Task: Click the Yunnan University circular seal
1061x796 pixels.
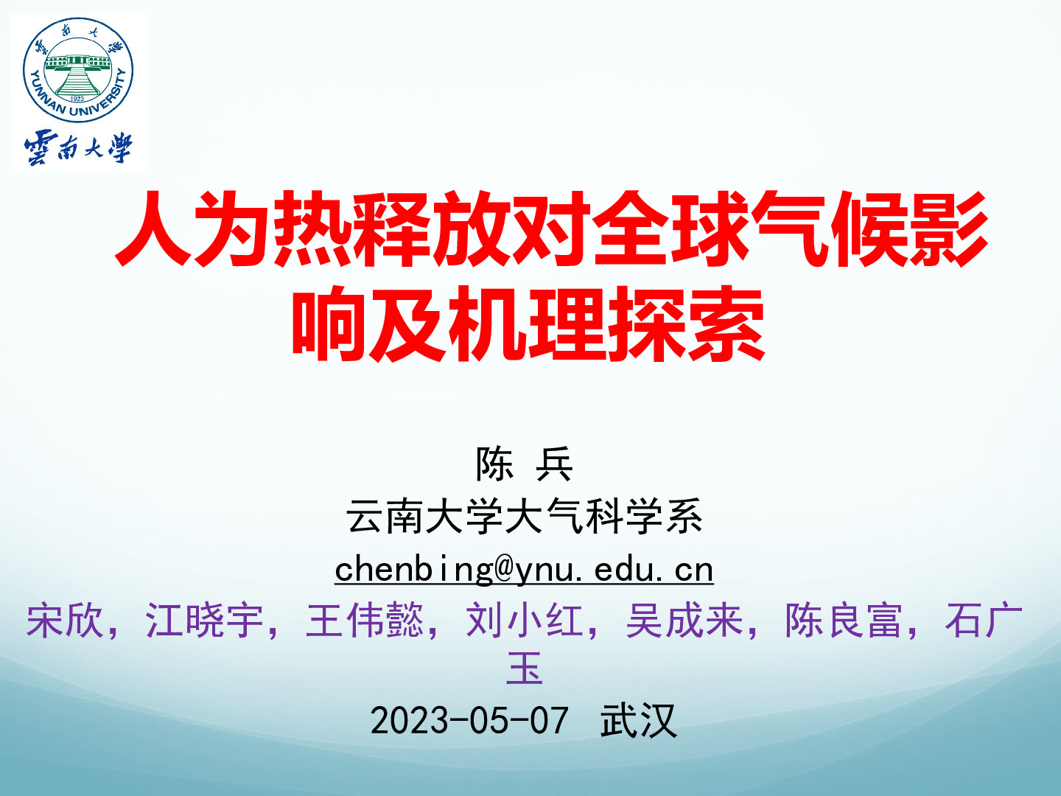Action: click(x=78, y=69)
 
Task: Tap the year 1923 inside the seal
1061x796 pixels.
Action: click(x=77, y=99)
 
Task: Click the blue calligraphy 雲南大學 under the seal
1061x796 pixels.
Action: click(x=78, y=148)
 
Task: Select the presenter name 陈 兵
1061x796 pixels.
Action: click(x=525, y=464)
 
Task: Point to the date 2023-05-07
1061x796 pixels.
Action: click(x=469, y=721)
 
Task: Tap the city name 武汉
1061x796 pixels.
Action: click(x=638, y=721)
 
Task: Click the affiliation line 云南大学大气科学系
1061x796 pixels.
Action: click(x=525, y=516)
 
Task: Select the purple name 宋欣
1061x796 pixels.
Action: click(x=66, y=620)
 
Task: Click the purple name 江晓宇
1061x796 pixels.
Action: click(x=205, y=620)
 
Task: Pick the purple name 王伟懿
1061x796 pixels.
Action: click(x=365, y=620)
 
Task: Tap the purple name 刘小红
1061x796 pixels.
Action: click(x=525, y=620)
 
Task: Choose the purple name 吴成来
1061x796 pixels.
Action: click(x=684, y=620)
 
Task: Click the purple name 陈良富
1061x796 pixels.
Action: click(x=844, y=620)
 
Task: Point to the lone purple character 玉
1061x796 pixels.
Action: click(x=525, y=668)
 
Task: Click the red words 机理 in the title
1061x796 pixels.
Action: click(x=528, y=323)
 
